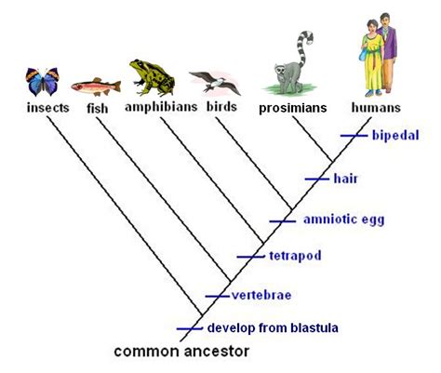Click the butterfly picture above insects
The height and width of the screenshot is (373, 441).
pyautogui.click(x=43, y=81)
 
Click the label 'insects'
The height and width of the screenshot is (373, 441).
pyautogui.click(x=43, y=107)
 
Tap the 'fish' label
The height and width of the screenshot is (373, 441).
pyautogui.click(x=98, y=107)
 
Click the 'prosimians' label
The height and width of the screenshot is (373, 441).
pyautogui.click(x=293, y=109)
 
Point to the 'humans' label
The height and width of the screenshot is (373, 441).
pyautogui.click(x=377, y=107)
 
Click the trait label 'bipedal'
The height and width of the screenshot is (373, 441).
pyautogui.click(x=394, y=135)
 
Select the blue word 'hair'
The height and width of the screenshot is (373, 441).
pyautogui.click(x=345, y=177)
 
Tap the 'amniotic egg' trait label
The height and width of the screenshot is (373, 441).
pyautogui.click(x=342, y=220)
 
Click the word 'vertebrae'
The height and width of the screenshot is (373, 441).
pyautogui.click(x=262, y=295)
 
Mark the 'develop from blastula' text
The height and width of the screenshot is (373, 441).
pyautogui.click(x=273, y=327)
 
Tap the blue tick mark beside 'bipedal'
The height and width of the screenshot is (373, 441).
pyautogui.click(x=354, y=135)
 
